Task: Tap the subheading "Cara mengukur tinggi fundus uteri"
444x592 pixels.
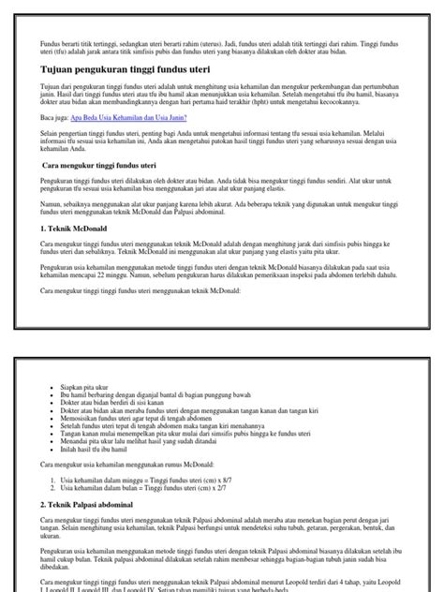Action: coord(102,165)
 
